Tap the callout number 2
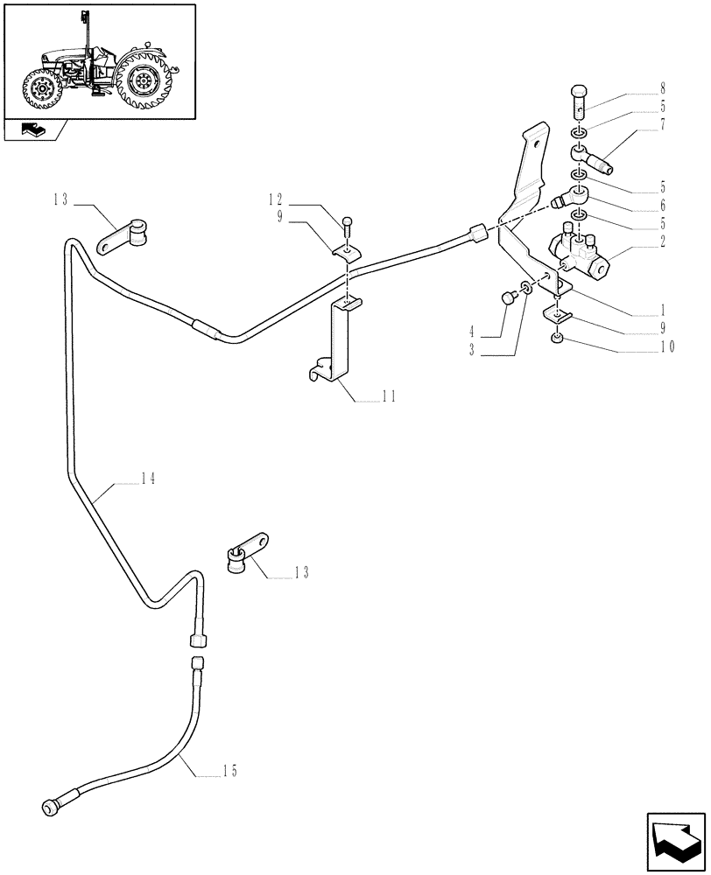[x=662, y=241]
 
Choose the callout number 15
[x=229, y=771]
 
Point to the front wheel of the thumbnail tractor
[x=41, y=92]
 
